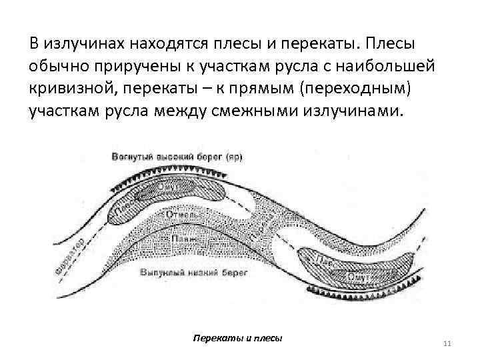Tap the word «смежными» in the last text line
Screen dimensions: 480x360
click(x=279, y=110)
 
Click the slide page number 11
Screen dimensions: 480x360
click(x=447, y=343)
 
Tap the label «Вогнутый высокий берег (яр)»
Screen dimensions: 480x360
click(x=177, y=157)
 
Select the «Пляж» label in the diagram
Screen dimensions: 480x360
click(x=179, y=238)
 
